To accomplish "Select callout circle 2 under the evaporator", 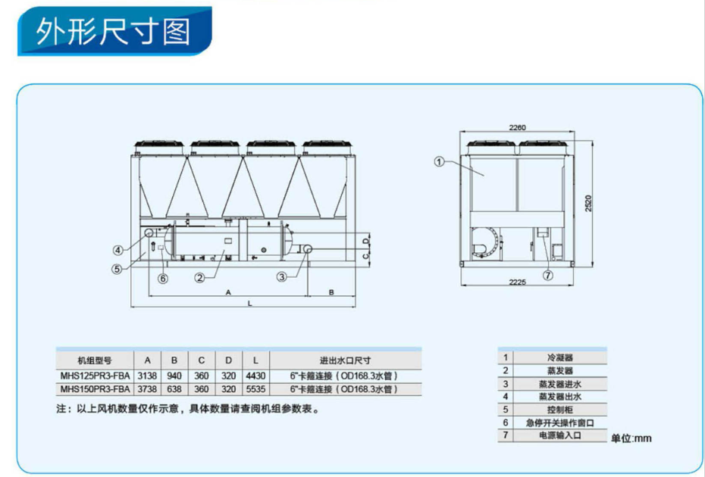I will [201, 277].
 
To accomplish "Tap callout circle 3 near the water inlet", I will [282, 277].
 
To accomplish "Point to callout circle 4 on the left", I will [118, 250].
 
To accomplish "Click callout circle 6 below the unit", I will [163, 278].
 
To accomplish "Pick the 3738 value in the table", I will [147, 389].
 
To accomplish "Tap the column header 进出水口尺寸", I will [344, 360].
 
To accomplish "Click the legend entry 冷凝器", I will [559, 357].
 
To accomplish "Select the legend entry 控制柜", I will [559, 409].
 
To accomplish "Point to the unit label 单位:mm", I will [631, 438].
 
